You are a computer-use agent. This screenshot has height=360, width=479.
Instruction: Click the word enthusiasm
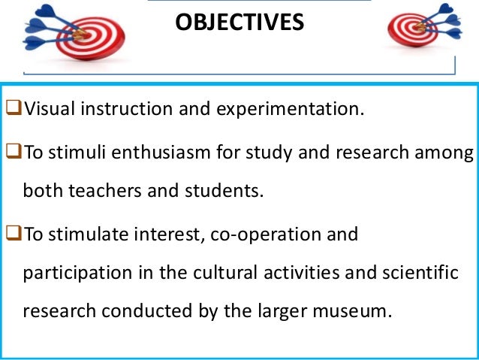coord(160,154)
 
